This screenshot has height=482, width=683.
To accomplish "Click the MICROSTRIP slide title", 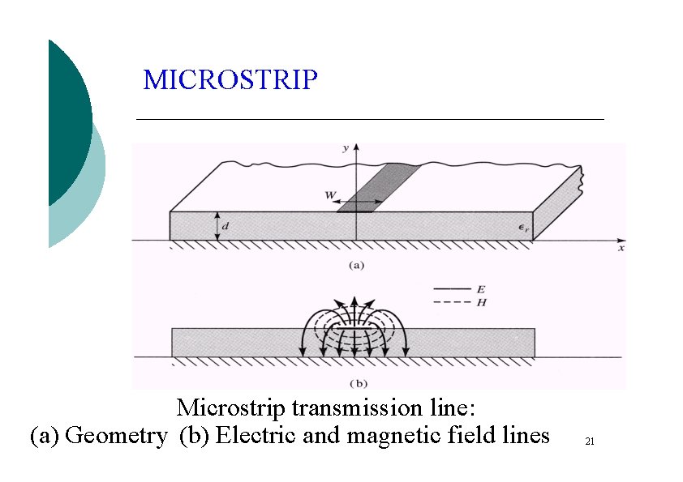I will [x=230, y=80].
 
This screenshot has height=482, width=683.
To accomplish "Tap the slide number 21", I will [x=590, y=441].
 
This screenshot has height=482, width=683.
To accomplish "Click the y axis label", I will [x=346, y=148].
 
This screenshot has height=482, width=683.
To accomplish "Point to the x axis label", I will [x=621, y=250].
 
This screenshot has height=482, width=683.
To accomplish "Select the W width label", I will [x=332, y=194].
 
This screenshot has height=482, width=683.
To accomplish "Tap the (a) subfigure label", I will [x=355, y=264].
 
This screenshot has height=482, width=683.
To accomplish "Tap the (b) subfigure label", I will [x=355, y=380].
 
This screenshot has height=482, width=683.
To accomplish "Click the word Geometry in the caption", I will [x=115, y=436].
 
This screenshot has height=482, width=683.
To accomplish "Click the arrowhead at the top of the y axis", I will [x=356, y=147].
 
